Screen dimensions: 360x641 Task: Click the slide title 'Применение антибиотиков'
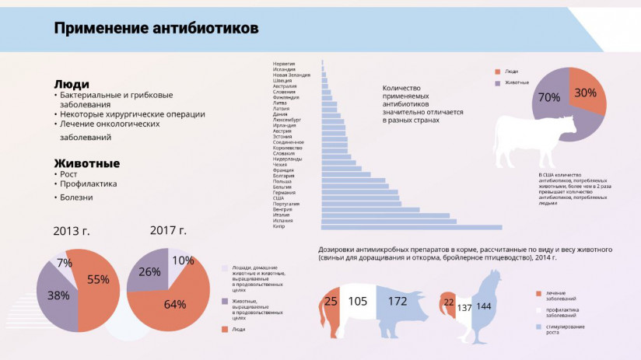[156, 29]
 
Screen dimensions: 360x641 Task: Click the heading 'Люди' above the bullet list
[72, 84]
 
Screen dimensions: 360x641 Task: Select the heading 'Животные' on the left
[86, 163]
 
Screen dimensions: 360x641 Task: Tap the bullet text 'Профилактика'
[88, 184]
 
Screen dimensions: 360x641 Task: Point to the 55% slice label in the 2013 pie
[98, 280]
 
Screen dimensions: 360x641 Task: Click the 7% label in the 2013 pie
[65, 264]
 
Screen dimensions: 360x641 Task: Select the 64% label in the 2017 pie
[175, 304]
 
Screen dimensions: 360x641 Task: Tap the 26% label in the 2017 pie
[149, 272]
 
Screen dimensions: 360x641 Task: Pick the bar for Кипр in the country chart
[412, 227]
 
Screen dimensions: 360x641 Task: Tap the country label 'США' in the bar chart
[278, 198]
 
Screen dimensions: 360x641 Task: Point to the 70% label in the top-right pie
[549, 97]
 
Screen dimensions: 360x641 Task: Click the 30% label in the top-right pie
[585, 92]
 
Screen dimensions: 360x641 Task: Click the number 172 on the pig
[397, 300]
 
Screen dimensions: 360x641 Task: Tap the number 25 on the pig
[331, 301]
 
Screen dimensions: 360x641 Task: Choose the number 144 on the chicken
[484, 307]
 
